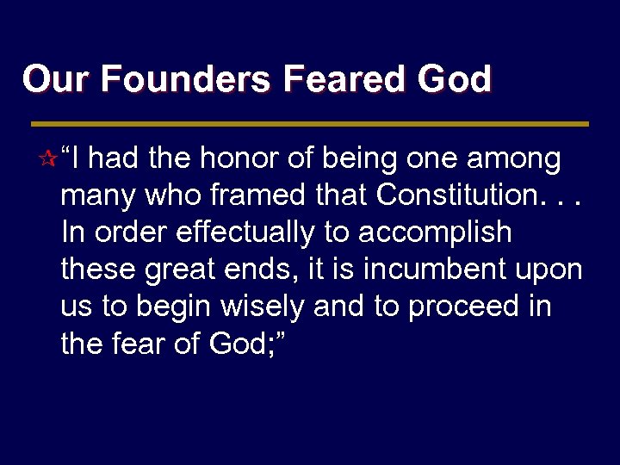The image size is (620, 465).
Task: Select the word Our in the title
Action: coord(50,79)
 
